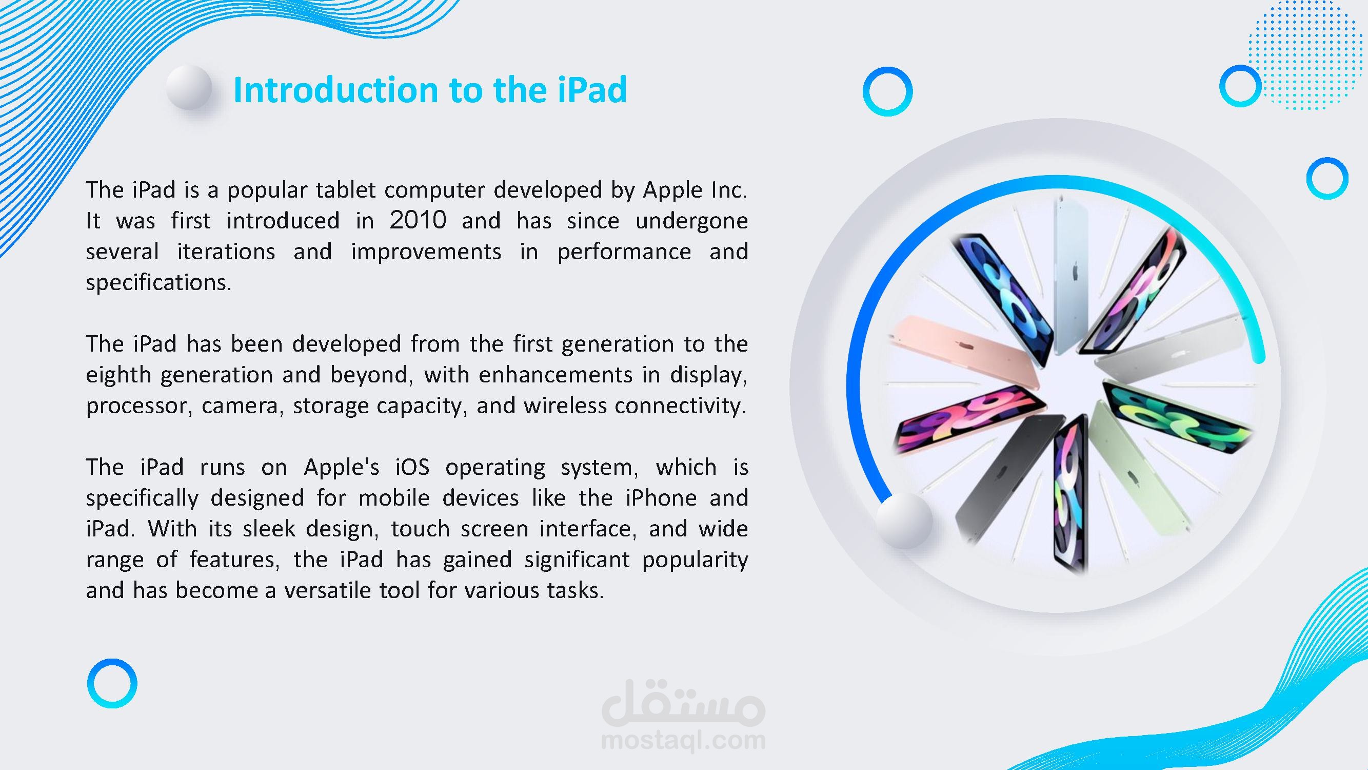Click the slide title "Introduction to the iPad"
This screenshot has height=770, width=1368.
pos(430,89)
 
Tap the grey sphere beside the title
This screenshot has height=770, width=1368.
pos(189,88)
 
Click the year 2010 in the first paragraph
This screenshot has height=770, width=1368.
pos(418,220)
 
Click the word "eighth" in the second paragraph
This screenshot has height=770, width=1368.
pos(118,376)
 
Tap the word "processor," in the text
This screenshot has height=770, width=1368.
pos(138,407)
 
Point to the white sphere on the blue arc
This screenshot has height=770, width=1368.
pos(903,519)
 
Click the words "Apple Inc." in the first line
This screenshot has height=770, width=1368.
pos(695,190)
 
